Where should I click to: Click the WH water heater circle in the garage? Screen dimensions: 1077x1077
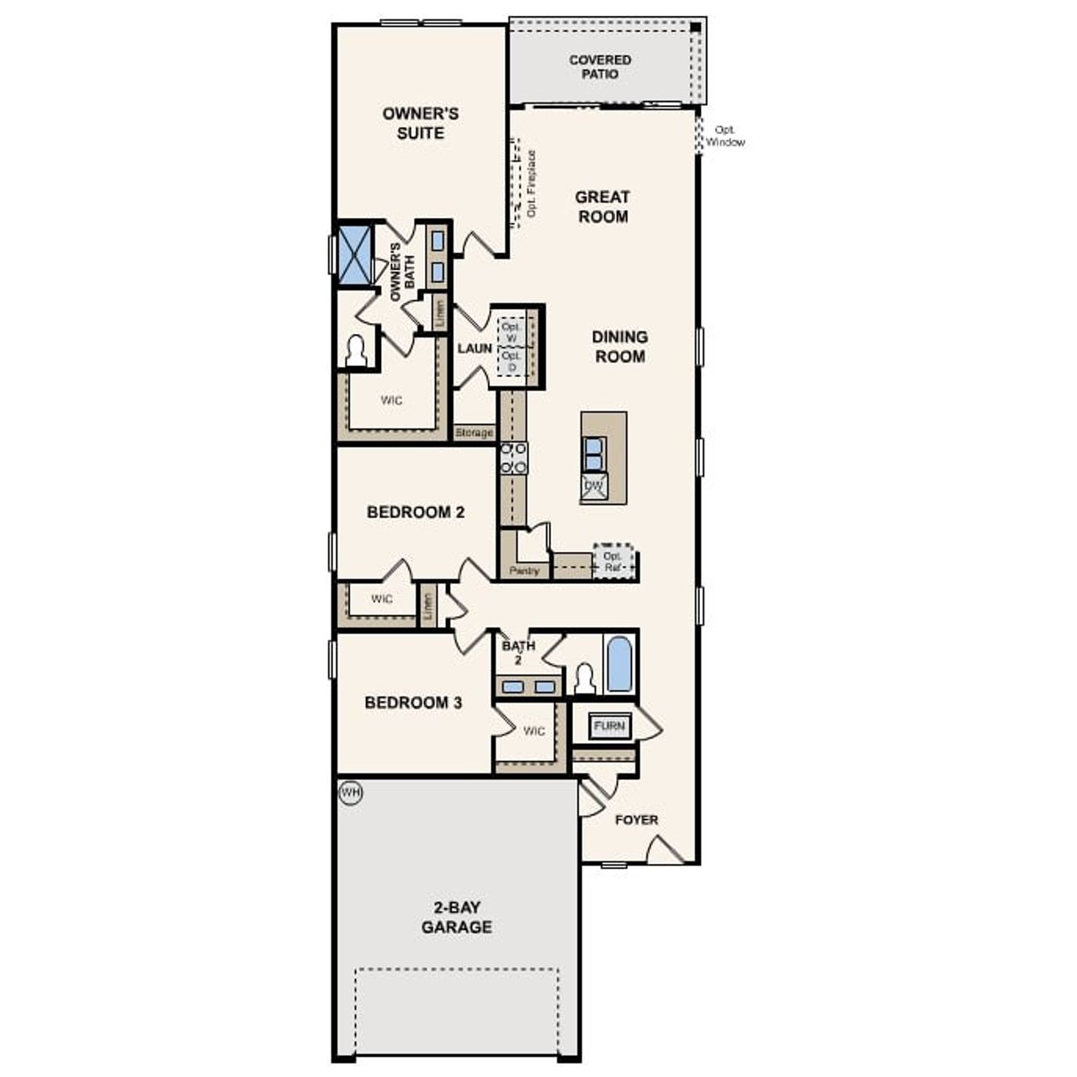tap(350, 793)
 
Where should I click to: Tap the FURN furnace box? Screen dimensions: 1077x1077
tap(608, 726)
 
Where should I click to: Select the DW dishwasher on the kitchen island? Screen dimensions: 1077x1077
tap(594, 486)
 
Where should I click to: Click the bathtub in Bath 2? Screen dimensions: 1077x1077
tap(619, 664)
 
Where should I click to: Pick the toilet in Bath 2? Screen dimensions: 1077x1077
tap(584, 679)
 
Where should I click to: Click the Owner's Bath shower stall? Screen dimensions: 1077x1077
tap(354, 252)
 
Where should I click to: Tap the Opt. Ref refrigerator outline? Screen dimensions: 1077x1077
tap(613, 561)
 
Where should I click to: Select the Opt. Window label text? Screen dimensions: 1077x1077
tap(724, 136)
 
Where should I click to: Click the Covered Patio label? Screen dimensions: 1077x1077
tap(600, 67)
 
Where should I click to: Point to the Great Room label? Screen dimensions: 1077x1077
tap(602, 207)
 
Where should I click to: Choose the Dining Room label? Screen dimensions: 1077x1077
tap(620, 347)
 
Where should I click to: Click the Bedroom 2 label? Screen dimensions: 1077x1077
tap(416, 512)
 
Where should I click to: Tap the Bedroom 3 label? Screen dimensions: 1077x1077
tap(413, 703)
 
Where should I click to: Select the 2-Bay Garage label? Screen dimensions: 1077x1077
tap(456, 917)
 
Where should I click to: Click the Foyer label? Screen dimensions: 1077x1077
tap(636, 820)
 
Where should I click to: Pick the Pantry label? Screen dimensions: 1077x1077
tap(524, 571)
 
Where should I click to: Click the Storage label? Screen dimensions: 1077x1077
tap(474, 433)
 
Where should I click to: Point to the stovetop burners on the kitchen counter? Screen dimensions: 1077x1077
tap(513, 459)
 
